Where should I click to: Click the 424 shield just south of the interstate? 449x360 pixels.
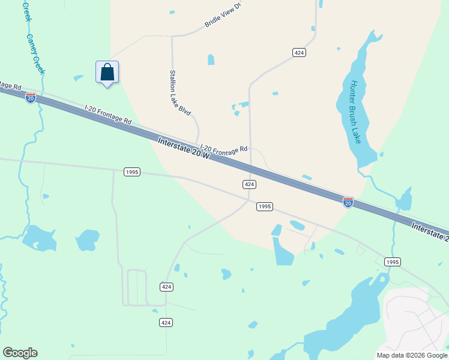[250, 184]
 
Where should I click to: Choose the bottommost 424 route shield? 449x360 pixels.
[166, 323]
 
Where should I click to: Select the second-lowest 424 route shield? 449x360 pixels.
[167, 287]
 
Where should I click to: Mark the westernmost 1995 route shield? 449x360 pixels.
[132, 172]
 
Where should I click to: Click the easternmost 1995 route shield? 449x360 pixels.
[392, 262]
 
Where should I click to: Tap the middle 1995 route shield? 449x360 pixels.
[265, 206]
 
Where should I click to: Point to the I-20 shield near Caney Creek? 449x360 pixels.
[31, 98]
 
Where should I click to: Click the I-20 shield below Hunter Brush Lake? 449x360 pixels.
[348, 202]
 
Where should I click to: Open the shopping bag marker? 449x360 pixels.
[107, 73]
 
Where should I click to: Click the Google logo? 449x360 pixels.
[20, 353]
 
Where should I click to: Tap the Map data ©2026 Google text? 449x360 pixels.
[411, 355]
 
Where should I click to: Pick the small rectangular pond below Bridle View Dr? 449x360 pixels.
[211, 59]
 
